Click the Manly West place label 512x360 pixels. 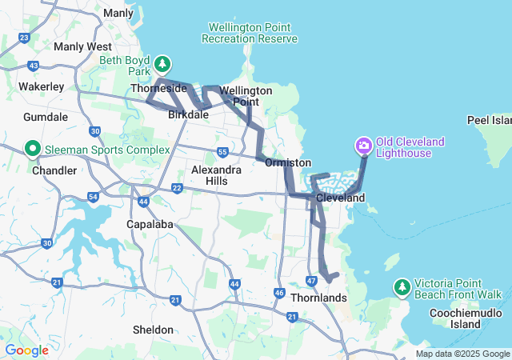pyautogui.click(x=82, y=46)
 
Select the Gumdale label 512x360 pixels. pyautogui.click(x=46, y=117)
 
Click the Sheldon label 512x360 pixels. pyautogui.click(x=153, y=330)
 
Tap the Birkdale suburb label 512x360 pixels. pyautogui.click(x=189, y=115)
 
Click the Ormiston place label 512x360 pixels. pyautogui.click(x=288, y=162)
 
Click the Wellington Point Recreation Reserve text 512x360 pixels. pyautogui.click(x=250, y=33)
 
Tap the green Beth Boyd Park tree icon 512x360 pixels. pyautogui.click(x=162, y=63)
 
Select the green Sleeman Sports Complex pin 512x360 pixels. pyautogui.click(x=33, y=149)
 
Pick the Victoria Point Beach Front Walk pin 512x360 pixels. pyautogui.click(x=402, y=286)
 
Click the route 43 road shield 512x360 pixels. pyautogui.click(x=33, y=66)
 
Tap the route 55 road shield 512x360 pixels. pyautogui.click(x=223, y=151)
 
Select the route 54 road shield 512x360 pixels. pyautogui.click(x=94, y=196)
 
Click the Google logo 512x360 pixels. pyautogui.click(x=26, y=350)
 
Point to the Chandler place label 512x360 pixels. pyautogui.click(x=54, y=170)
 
